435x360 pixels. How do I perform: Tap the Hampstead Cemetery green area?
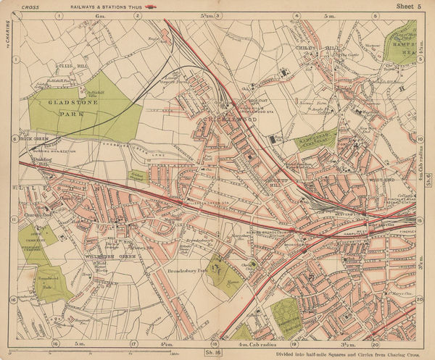pyautogui.click(x=317, y=140)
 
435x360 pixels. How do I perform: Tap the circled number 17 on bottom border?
pyautogui.click(x=133, y=343)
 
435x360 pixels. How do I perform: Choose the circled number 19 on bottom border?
pyautogui.click(x=294, y=343)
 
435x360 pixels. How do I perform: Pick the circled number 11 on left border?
pyautogui.click(x=12, y=218)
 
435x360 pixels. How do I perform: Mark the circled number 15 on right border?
pyautogui.click(x=420, y=219)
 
